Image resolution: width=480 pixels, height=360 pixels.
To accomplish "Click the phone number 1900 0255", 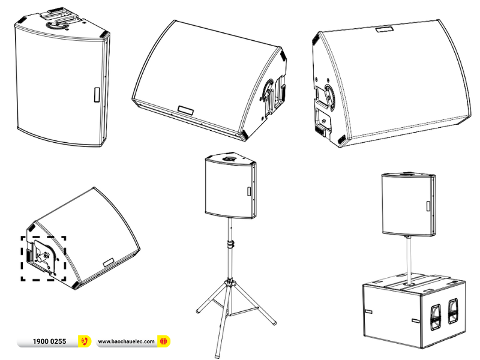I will click(49, 341).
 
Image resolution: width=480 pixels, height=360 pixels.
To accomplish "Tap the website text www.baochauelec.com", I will click(125, 341).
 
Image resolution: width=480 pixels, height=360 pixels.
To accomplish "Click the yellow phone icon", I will click(84, 341).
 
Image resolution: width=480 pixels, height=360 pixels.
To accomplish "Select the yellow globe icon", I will click(163, 341).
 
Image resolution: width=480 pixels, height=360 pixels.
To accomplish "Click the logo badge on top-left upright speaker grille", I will click(95, 95).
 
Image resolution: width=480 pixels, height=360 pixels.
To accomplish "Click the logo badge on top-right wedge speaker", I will click(383, 28).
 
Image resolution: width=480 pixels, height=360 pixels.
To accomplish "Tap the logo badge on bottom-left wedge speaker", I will click(109, 261).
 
